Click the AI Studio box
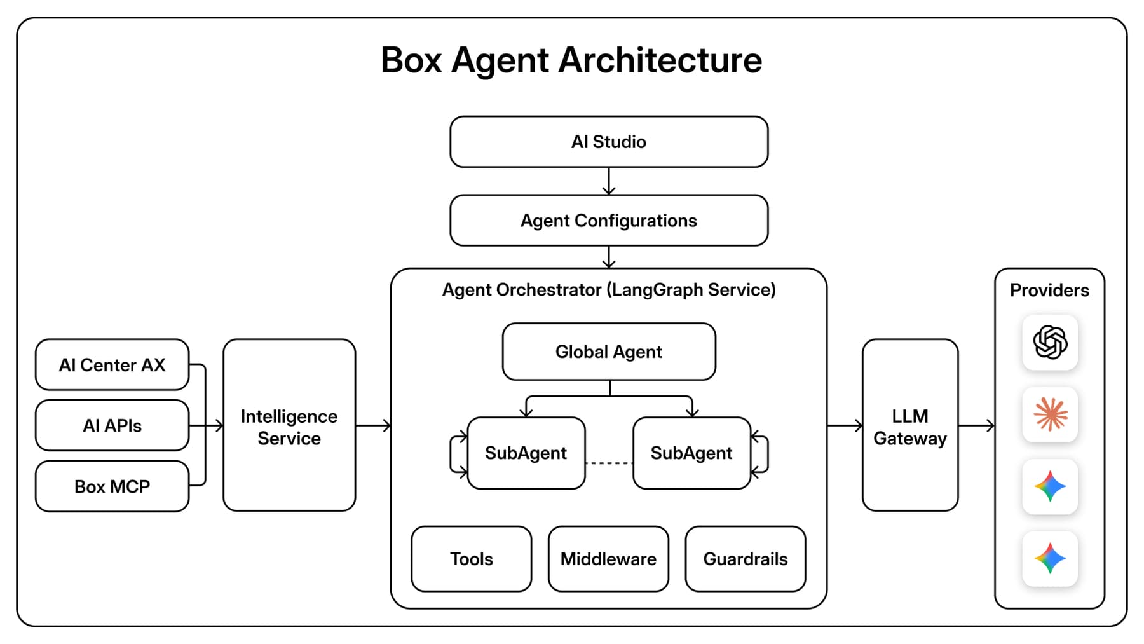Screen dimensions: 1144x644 (609, 142)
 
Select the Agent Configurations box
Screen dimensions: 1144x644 (609, 221)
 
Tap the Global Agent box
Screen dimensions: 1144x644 (609, 352)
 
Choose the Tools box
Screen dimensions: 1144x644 (472, 559)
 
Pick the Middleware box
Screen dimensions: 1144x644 (608, 559)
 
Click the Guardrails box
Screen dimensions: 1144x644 (746, 559)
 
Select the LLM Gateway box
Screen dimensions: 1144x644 (910, 425)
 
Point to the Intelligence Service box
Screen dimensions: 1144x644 (289, 425)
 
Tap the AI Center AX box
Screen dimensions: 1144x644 (112, 365)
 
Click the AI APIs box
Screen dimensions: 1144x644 (112, 425)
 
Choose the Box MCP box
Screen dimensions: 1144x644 (112, 486)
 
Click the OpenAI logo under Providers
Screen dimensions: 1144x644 (1050, 342)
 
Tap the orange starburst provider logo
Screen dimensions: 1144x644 (1050, 414)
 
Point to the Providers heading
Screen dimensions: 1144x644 (1049, 291)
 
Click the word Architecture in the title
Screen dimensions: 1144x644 (660, 60)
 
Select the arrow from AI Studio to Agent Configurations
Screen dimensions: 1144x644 (609, 181)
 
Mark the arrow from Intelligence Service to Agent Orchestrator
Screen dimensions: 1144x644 (373, 425)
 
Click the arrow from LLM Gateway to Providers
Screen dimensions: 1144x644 (976, 425)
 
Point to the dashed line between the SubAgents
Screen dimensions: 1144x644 (609, 463)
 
